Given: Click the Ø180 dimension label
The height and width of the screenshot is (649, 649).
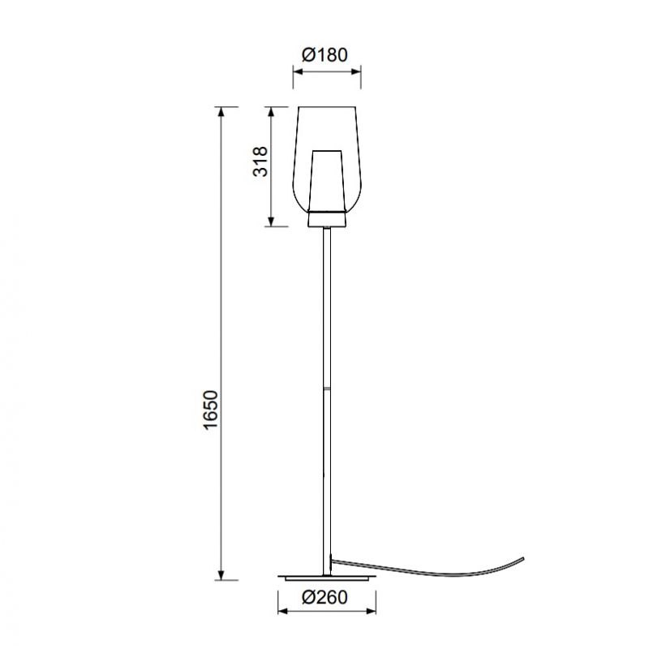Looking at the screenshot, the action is [324, 54].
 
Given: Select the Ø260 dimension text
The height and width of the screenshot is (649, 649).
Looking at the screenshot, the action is [324, 597].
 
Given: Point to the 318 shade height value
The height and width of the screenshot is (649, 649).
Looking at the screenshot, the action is [260, 161].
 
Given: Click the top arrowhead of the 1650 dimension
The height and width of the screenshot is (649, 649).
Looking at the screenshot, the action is [221, 112].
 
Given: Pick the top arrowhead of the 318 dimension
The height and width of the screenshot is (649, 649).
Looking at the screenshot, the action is [271, 112].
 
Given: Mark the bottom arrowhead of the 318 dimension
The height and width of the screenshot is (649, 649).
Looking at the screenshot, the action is [271, 221].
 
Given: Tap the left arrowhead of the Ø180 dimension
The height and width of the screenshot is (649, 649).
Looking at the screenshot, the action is [299, 71].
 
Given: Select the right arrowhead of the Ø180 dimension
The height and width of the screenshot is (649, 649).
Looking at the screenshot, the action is [355, 71].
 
